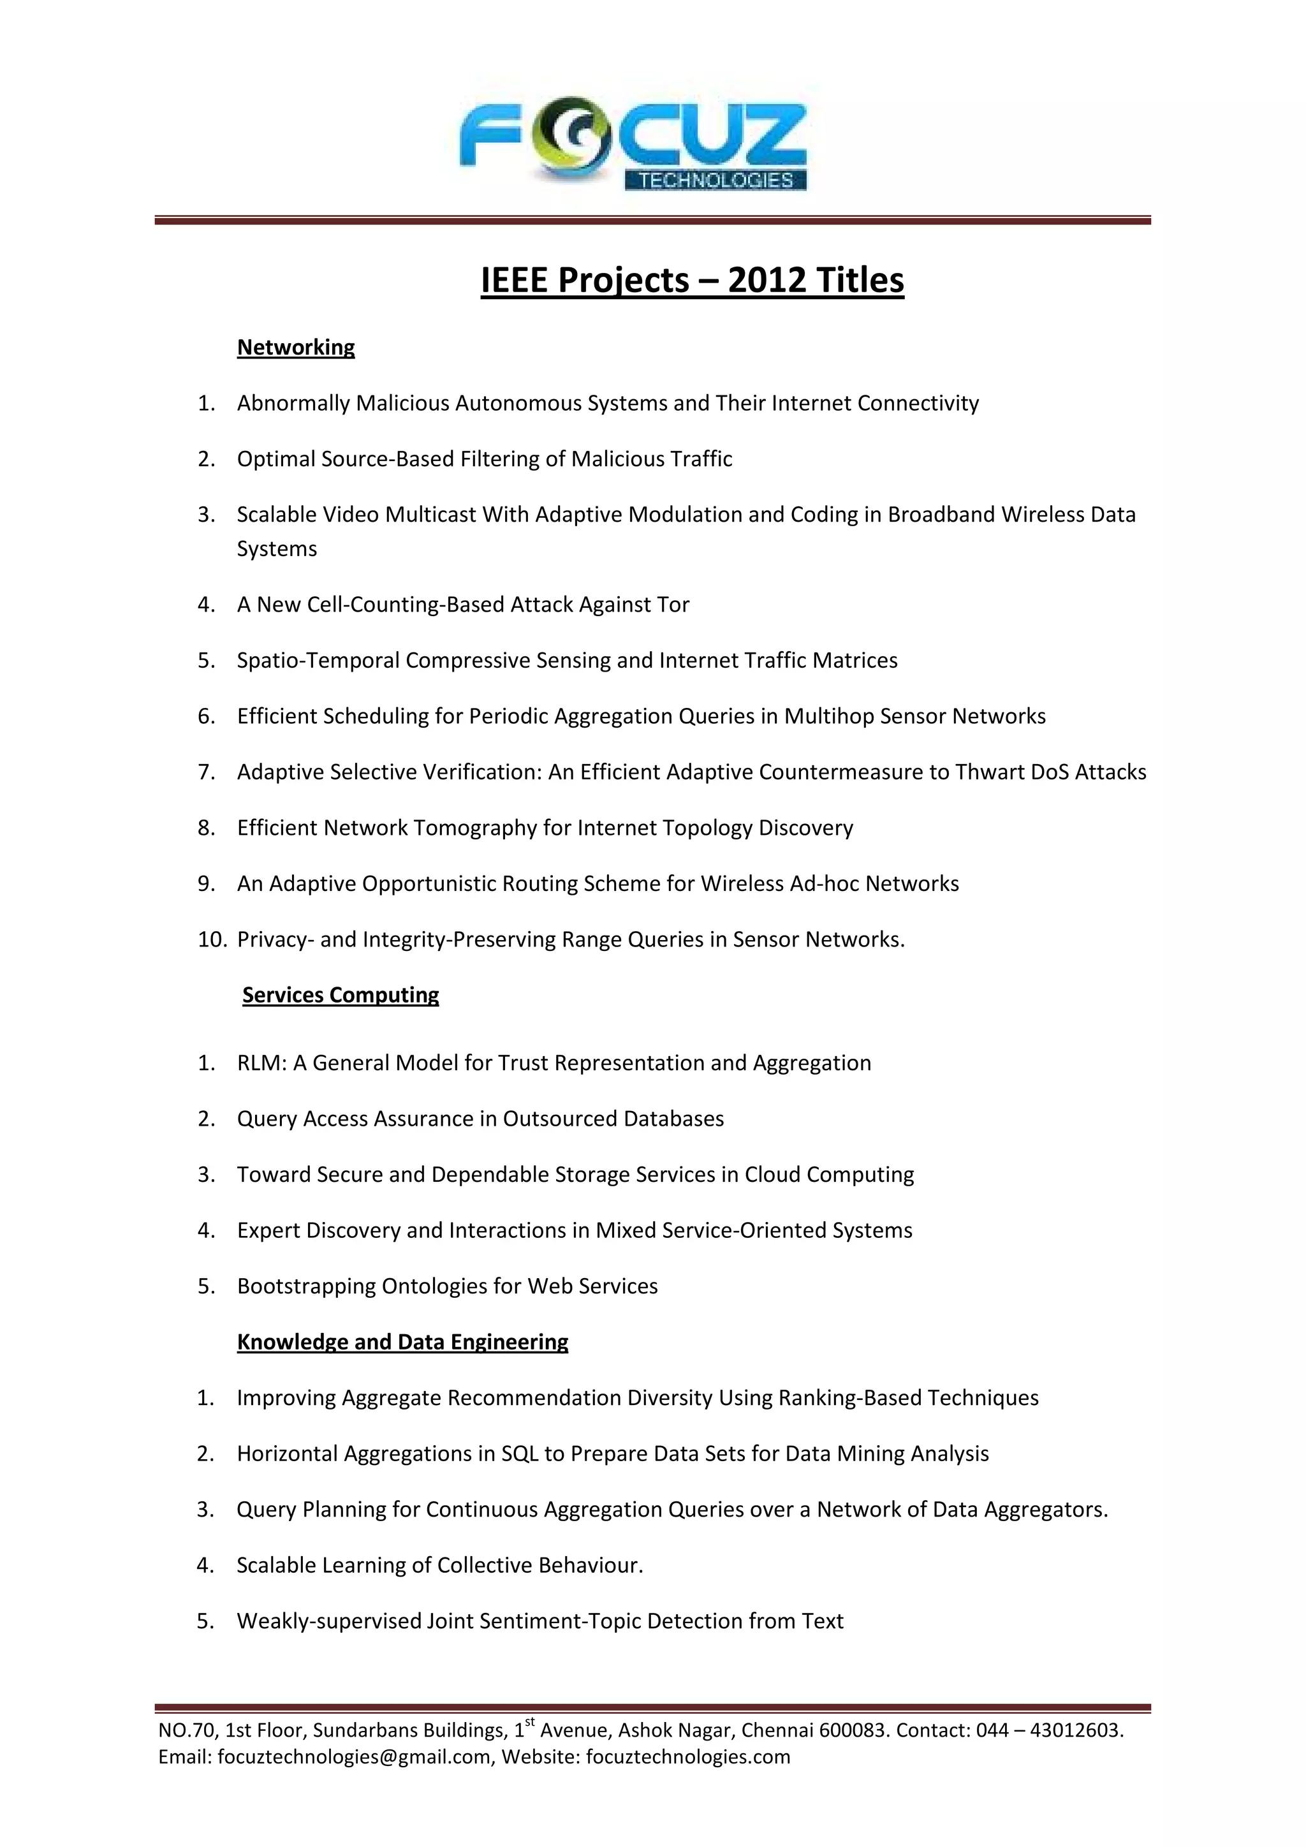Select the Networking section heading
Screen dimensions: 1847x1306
[x=295, y=348]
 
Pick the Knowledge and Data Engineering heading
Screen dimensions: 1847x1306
[x=402, y=1342]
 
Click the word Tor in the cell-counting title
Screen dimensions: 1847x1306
[x=673, y=605]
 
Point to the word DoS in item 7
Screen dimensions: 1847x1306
[x=1050, y=772]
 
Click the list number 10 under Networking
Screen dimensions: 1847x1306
[x=212, y=939]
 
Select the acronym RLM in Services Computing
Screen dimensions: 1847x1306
[x=261, y=1063]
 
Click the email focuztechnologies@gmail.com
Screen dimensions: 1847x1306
[x=354, y=1757]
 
